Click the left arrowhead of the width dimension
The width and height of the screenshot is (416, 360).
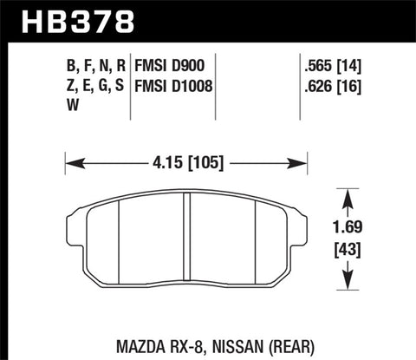click(72, 160)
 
